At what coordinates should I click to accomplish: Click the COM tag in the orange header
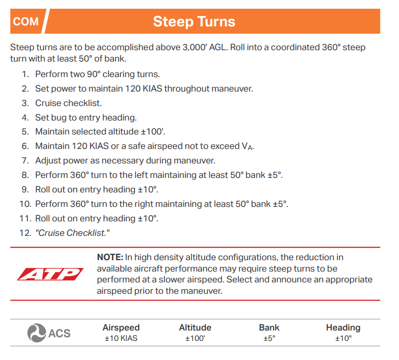[26, 22]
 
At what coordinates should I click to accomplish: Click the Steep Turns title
[194, 22]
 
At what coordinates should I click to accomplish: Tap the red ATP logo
[50, 274]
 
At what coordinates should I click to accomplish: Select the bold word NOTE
[110, 257]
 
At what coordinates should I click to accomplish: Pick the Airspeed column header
[121, 327]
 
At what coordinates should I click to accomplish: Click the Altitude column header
[195, 327]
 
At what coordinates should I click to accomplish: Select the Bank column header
[269, 327]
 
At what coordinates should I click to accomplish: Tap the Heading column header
[343, 327]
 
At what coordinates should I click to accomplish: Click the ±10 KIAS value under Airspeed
[121, 339]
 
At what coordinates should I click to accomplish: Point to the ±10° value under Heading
[343, 339]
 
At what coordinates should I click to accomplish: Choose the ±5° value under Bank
[269, 339]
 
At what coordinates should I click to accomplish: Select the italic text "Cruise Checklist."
[72, 233]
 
